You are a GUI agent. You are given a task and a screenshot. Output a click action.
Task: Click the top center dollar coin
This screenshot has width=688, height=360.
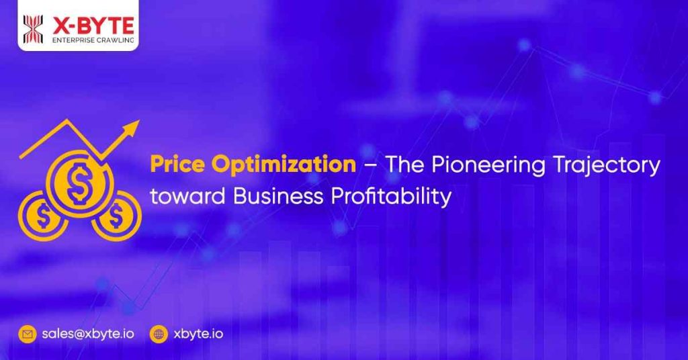click(79, 181)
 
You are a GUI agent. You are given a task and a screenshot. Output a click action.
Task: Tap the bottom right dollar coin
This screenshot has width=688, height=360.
click(116, 216)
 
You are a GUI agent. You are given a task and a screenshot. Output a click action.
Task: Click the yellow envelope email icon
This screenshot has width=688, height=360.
click(28, 333)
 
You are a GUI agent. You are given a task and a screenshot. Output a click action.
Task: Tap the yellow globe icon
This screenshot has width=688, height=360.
click(159, 333)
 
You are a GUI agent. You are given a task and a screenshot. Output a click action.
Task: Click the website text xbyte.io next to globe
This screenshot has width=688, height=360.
click(198, 333)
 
